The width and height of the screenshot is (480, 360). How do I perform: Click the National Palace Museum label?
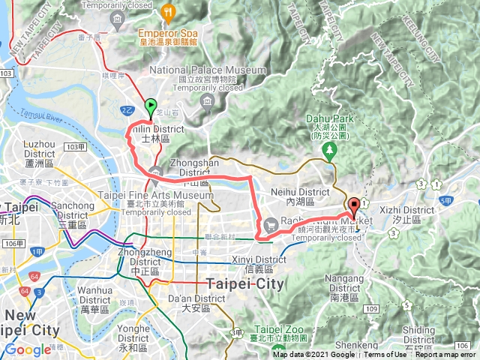pyautogui.click(x=208, y=70)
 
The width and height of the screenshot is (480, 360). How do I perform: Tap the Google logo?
pyautogui.click(x=28, y=349)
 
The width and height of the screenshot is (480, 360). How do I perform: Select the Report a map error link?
pyautogui.click(x=447, y=355)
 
